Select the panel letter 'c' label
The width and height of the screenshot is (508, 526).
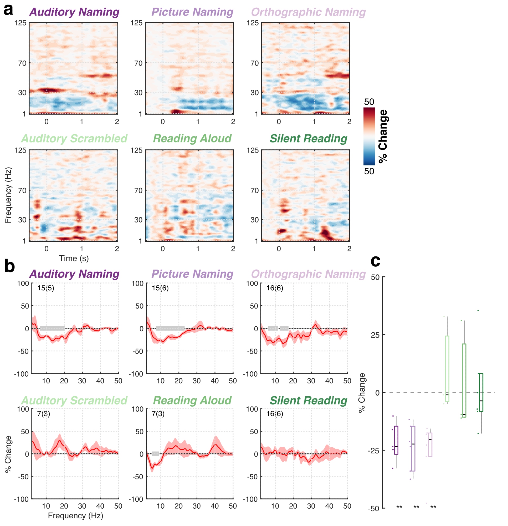tap(375, 261)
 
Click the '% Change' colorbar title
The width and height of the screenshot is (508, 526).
tap(383, 136)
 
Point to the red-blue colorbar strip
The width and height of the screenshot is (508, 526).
tap(369, 136)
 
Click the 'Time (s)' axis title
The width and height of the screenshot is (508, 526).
tap(74, 259)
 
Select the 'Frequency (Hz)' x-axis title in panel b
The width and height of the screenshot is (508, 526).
tap(75, 515)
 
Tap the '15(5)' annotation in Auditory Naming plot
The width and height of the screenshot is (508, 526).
tap(46, 288)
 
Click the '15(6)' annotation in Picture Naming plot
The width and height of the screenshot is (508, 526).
tap(160, 288)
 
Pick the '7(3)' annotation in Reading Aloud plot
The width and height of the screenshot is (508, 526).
tap(158, 413)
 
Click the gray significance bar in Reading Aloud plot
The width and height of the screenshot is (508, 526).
tap(155, 454)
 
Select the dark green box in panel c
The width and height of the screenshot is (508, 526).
tap(481, 392)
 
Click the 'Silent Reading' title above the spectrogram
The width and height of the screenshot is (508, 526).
tap(309, 139)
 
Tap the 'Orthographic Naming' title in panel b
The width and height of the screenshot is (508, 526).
tap(309, 274)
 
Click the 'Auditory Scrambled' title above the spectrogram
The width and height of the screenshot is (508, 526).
tap(74, 139)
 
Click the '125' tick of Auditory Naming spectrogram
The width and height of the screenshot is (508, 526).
tap(20, 23)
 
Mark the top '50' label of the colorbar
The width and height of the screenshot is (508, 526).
tap(369, 102)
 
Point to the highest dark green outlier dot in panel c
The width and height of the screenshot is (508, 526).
tap(478, 311)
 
